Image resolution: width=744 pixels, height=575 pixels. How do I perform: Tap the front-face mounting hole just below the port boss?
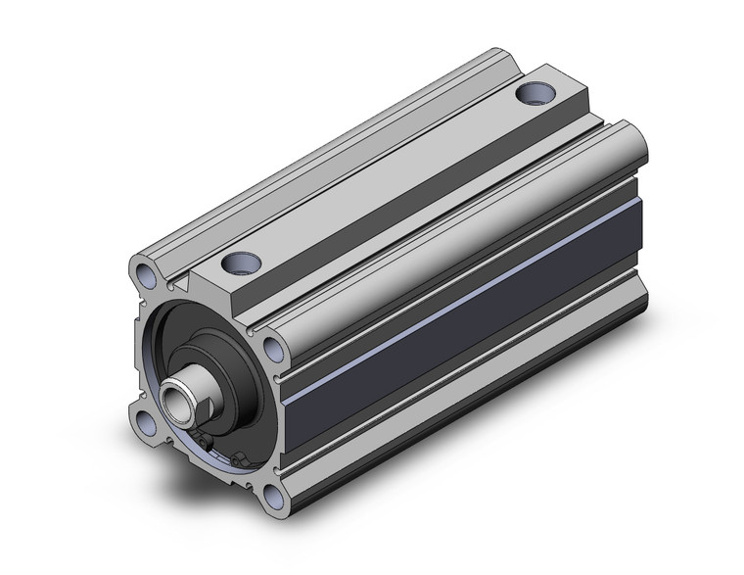[x=272, y=346]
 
